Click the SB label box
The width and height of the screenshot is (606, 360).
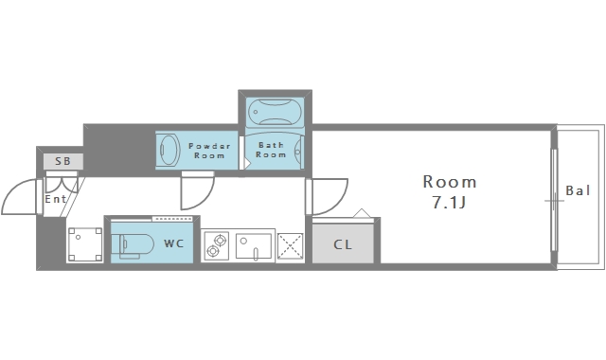click(x=63, y=161)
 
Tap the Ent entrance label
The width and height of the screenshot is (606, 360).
click(x=56, y=199)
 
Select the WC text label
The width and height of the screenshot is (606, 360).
click(x=173, y=243)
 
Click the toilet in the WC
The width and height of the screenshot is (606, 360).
click(x=132, y=244)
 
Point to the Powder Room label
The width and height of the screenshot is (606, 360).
click(x=209, y=151)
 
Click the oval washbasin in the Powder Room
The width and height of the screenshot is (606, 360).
click(x=169, y=150)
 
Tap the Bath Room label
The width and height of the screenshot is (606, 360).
click(x=271, y=150)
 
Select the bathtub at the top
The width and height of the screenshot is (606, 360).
click(x=275, y=112)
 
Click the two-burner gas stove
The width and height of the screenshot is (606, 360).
click(x=217, y=246)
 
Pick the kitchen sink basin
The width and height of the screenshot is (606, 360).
click(x=254, y=246)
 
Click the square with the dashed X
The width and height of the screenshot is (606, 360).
click(x=291, y=246)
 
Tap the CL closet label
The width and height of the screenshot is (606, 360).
click(x=343, y=244)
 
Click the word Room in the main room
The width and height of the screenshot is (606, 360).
click(x=450, y=182)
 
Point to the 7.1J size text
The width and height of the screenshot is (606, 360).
click(x=449, y=202)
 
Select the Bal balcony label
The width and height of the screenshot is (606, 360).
click(x=579, y=190)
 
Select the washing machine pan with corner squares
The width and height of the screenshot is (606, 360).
click(x=85, y=244)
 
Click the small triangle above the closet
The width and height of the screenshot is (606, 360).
click(x=362, y=213)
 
